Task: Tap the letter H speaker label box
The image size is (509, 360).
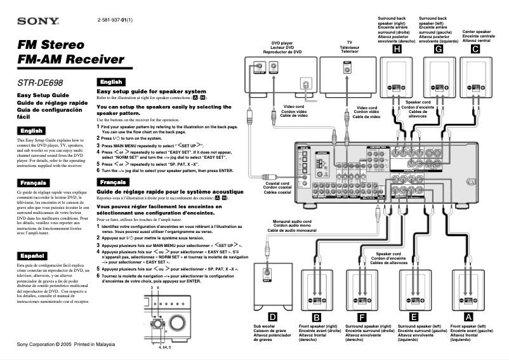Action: (397, 48)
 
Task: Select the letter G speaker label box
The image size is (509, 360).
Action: (438, 48)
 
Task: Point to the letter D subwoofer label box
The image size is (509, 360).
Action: (272, 316)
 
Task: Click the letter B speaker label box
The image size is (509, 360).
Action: (317, 316)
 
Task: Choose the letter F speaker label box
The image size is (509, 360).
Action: (362, 316)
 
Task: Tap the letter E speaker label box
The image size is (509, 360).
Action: (414, 316)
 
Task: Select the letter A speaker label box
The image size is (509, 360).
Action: (469, 316)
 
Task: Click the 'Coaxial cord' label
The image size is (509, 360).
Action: (277, 183)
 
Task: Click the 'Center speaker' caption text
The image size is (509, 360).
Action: (477, 31)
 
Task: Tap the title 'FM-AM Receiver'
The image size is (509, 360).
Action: (70, 60)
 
